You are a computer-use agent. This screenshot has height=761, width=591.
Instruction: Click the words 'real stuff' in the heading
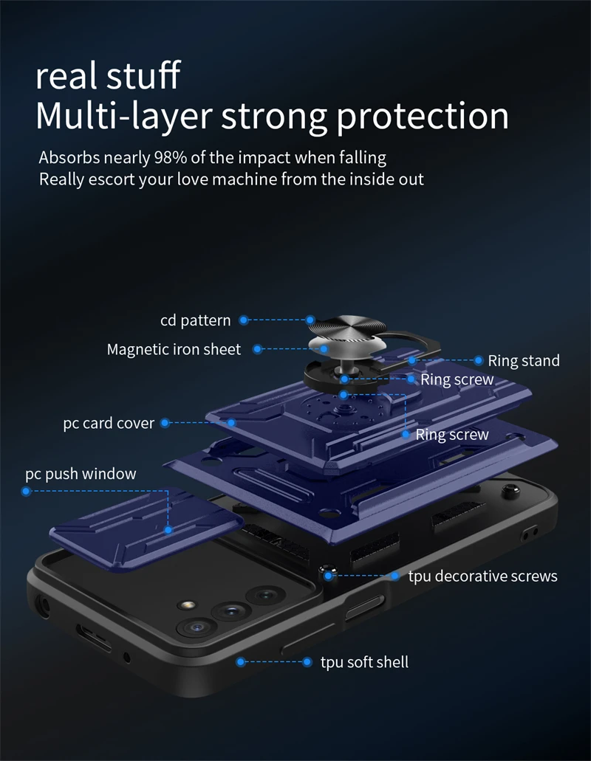[108, 76]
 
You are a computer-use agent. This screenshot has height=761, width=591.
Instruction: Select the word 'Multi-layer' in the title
[123, 116]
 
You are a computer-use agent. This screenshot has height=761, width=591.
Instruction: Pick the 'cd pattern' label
[195, 320]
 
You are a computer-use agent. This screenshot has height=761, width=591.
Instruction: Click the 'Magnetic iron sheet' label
[174, 349]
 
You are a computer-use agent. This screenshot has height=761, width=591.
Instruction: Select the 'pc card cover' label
[109, 423]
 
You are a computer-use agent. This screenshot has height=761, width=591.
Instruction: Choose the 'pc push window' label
[81, 473]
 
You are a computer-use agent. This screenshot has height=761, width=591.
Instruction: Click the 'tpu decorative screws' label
[482, 576]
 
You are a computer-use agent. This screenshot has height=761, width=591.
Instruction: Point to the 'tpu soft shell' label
[363, 662]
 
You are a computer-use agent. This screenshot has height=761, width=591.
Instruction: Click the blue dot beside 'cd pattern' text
[243, 320]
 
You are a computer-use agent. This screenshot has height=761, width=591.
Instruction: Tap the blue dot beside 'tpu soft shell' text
[241, 662]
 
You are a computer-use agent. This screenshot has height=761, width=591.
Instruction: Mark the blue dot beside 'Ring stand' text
[479, 361]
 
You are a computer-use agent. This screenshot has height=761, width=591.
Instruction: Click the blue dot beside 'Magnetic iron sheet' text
[258, 349]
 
